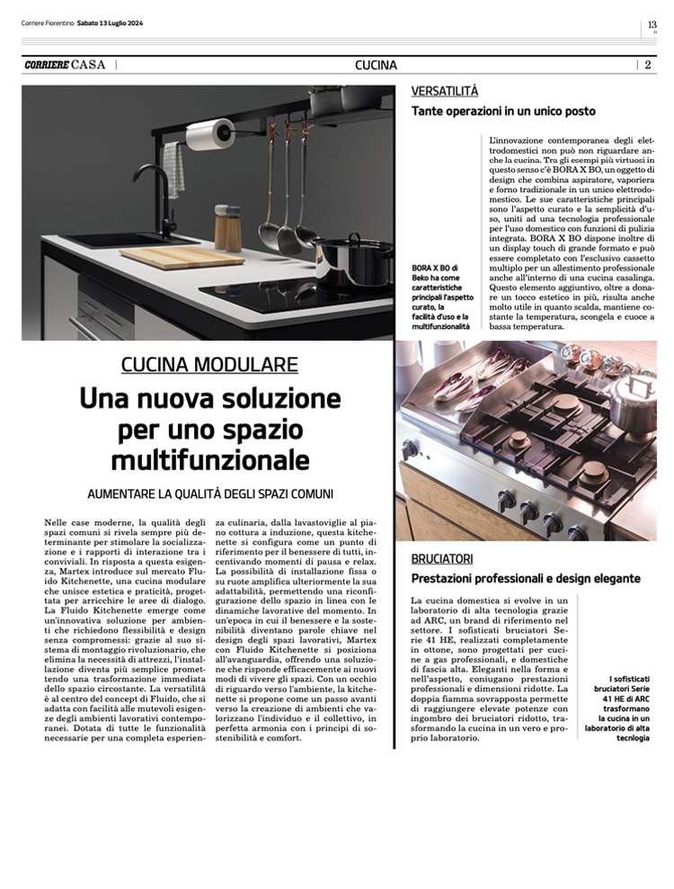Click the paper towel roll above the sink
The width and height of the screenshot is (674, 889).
pos(208,136)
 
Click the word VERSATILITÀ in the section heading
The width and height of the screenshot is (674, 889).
pos(445,91)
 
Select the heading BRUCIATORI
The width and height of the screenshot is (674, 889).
pos(442,558)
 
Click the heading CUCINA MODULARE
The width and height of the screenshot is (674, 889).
pos(209,364)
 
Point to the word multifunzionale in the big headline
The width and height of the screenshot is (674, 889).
pos(209,461)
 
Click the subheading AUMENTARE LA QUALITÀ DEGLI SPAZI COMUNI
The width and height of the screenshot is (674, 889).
pos(209,493)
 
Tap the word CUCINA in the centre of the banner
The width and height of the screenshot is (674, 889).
pos(376,65)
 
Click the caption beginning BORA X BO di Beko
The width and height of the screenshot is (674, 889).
pos(440,296)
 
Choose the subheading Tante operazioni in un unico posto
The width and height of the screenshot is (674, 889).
pos(503,111)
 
